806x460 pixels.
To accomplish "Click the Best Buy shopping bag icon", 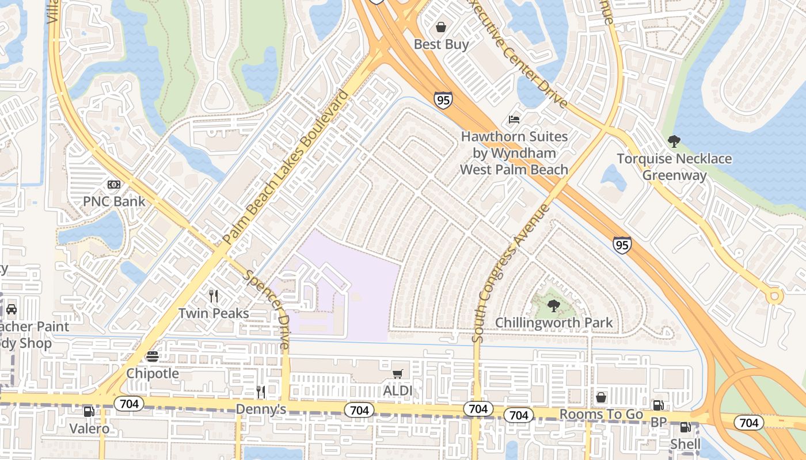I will tap(441, 27).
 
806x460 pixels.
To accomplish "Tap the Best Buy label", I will tap(441, 44).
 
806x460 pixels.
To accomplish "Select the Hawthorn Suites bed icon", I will tap(514, 120).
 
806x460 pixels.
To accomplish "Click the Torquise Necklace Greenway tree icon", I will tap(674, 141).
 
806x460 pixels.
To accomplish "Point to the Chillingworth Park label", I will tap(554, 323).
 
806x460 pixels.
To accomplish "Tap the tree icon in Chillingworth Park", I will tap(553, 305).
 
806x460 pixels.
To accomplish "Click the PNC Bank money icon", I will tap(114, 185).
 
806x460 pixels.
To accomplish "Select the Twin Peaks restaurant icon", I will tap(214, 296).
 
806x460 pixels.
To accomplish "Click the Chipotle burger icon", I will tap(153, 356).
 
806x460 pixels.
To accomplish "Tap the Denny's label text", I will tap(261, 409).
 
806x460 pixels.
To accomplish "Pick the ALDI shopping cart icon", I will tap(397, 374).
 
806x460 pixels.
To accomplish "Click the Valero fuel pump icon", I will tap(89, 412).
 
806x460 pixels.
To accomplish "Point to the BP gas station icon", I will tap(658, 405).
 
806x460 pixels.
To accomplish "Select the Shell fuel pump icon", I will tap(685, 427).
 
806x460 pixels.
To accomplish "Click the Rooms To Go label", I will tap(601, 415).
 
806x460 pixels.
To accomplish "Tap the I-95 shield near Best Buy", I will tap(443, 100).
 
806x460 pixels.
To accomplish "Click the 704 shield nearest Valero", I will tap(128, 404).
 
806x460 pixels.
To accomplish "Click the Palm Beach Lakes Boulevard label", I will tap(286, 167).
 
